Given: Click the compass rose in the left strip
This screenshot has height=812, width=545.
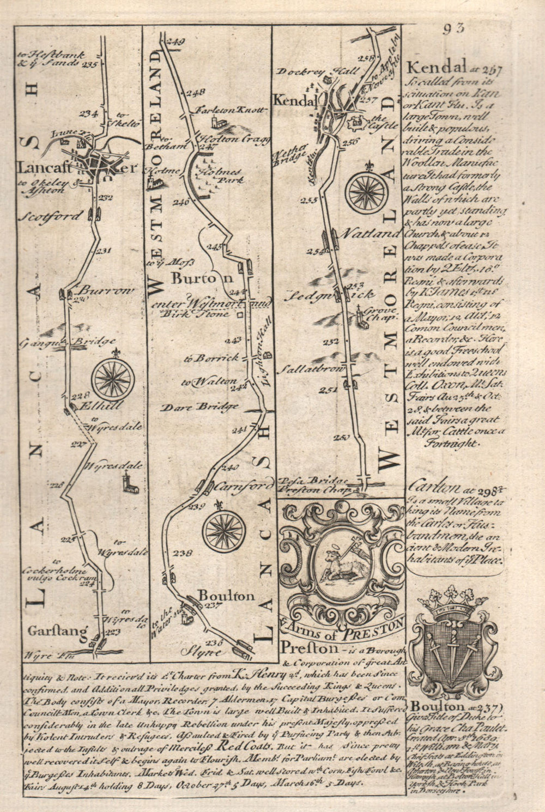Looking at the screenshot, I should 113,376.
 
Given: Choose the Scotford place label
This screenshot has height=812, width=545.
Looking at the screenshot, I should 52,216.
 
